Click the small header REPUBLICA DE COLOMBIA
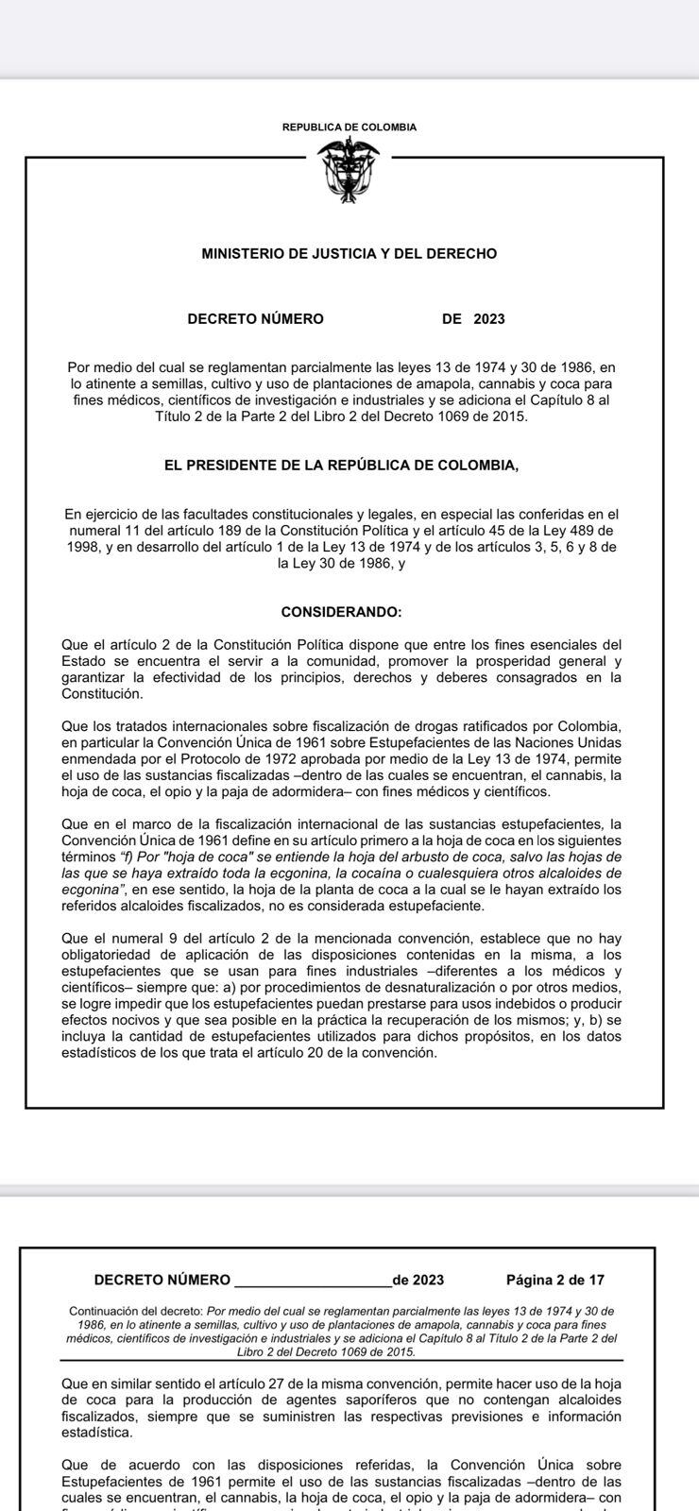coord(349,127)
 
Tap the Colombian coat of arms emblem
coord(349,170)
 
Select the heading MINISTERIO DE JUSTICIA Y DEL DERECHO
coord(349,254)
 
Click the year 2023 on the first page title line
coord(489,319)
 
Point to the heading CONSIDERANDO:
coord(341,612)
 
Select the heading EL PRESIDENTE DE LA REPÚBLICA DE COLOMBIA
coord(341,466)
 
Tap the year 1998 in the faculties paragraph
coord(83,547)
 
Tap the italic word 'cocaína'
coord(403,873)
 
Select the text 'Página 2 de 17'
coord(555,1281)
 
